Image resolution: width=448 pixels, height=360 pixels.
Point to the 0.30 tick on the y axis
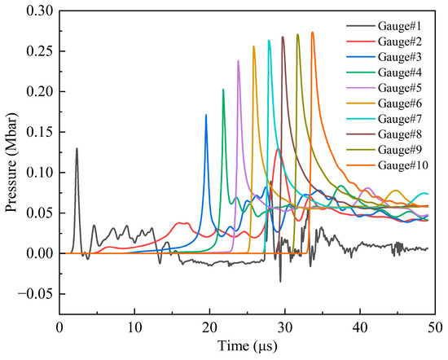click(39, 10)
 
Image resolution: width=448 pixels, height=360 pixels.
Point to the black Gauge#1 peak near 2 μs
click(77, 148)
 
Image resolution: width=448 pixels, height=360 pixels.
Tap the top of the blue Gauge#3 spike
click(206, 115)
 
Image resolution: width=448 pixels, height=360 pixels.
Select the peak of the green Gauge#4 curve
click(223, 89)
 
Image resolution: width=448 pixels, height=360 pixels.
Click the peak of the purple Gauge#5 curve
click(238, 60)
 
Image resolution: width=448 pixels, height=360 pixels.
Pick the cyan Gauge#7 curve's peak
click(269, 40)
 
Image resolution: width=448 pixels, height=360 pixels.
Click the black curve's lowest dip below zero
click(280, 282)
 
